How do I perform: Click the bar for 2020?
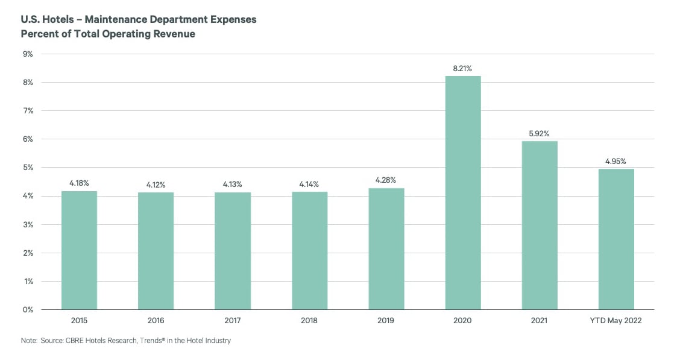coord(463,193)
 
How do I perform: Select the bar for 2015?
coord(79,250)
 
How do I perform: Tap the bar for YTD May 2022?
coord(616,239)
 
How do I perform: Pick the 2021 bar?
coord(540,226)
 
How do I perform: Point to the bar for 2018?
coord(309,251)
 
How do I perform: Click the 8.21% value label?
coord(463,69)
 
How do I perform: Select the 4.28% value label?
coord(386,181)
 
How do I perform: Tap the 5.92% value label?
coord(540,134)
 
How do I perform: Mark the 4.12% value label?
coord(156,185)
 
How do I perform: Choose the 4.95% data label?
coord(616,162)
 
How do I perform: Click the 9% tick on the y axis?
coord(28,54)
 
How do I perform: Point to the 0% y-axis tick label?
coord(28,310)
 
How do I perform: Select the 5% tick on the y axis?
coord(28,168)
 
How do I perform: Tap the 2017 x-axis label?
coord(233,321)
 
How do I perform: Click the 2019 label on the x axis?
coord(386,321)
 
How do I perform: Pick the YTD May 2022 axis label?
coord(616,321)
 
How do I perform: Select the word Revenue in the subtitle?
coord(174,34)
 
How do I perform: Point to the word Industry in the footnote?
coord(218,341)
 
